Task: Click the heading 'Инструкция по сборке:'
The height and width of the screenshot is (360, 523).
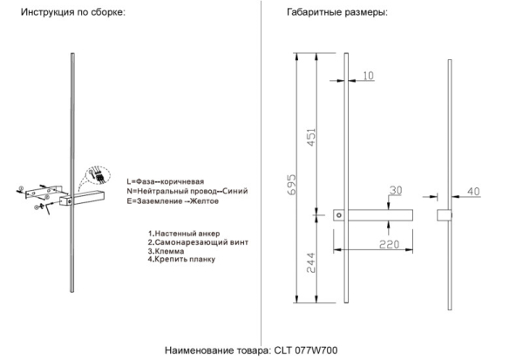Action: [x=73, y=15]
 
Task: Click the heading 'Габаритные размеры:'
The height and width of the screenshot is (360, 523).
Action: [x=337, y=15]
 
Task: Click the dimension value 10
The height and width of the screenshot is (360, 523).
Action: [x=369, y=76]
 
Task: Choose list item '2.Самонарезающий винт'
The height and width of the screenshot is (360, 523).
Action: [x=194, y=241]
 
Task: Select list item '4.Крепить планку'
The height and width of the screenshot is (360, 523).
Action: [x=181, y=259]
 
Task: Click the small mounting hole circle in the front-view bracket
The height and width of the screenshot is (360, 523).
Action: [x=340, y=214]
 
